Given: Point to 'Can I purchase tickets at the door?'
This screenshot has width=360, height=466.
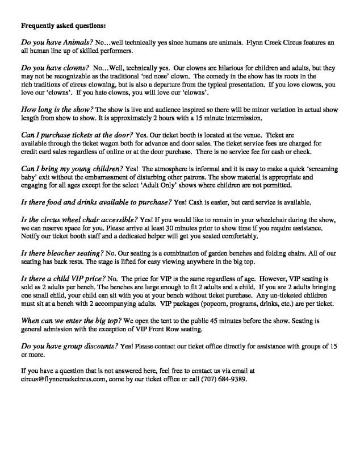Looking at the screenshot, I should [x=76, y=134].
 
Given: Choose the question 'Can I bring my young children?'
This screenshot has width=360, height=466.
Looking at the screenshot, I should [x=72, y=169].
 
